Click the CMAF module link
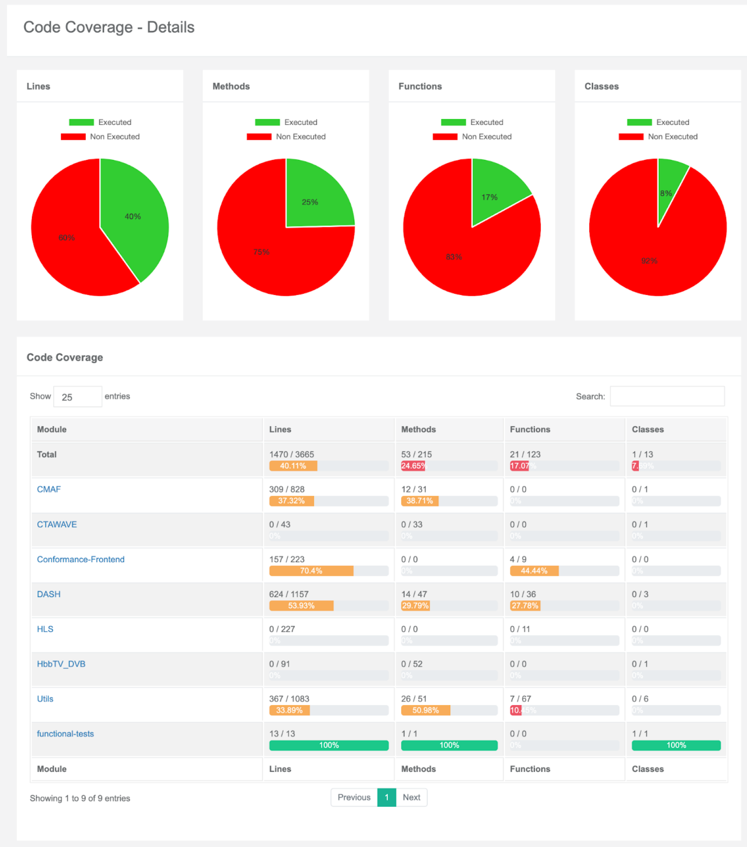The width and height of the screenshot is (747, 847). pyautogui.click(x=49, y=489)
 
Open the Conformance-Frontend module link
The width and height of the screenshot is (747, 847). pyautogui.click(x=81, y=559)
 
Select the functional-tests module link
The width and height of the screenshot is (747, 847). pyautogui.click(x=65, y=733)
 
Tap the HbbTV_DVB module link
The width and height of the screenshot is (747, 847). pyautogui.click(x=61, y=664)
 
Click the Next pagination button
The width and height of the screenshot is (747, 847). pyautogui.click(x=411, y=797)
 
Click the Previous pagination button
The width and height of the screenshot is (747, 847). pyautogui.click(x=353, y=797)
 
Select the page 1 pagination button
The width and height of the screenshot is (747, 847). pyautogui.click(x=386, y=797)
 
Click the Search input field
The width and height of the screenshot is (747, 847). pyautogui.click(x=667, y=396)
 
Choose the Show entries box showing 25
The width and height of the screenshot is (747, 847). pyautogui.click(x=78, y=397)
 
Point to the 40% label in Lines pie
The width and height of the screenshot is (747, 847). pyautogui.click(x=133, y=217)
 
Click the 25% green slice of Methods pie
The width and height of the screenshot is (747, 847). pyautogui.click(x=315, y=198)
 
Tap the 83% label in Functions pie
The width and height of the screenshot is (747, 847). pyautogui.click(x=454, y=257)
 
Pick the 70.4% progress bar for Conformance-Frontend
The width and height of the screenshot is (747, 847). pyautogui.click(x=311, y=571)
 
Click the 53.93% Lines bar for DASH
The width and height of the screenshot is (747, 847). pyautogui.click(x=301, y=606)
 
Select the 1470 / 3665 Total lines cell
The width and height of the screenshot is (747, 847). pyautogui.click(x=291, y=454)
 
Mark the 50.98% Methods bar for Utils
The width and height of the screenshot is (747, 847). pyautogui.click(x=425, y=710)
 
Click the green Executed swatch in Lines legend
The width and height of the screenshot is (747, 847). pyautogui.click(x=81, y=122)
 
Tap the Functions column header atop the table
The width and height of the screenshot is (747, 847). pyautogui.click(x=530, y=429)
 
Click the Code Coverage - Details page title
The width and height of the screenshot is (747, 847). pyautogui.click(x=109, y=27)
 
